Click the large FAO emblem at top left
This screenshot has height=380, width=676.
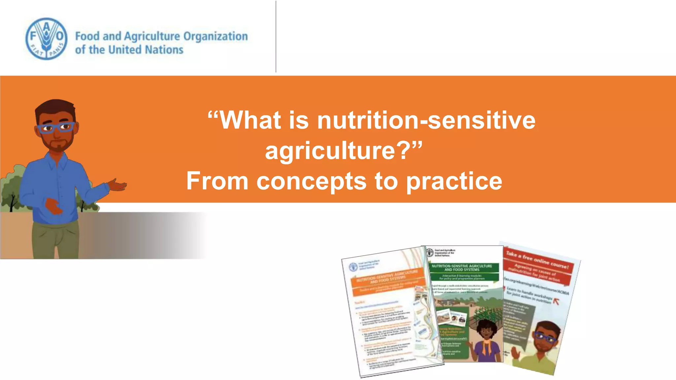pyautogui.click(x=46, y=39)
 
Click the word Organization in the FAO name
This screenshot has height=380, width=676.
pyautogui.click(x=215, y=36)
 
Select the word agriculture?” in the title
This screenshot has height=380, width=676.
pyautogui.click(x=343, y=151)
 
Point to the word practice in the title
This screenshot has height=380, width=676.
pyautogui.click(x=454, y=181)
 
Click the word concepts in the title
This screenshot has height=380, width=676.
pyautogui.click(x=311, y=181)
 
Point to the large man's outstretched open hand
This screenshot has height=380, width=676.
pyautogui.click(x=117, y=185)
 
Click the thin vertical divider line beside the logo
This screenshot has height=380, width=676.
pyautogui.click(x=276, y=36)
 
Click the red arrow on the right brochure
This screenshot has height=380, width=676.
pyautogui.click(x=556, y=301)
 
